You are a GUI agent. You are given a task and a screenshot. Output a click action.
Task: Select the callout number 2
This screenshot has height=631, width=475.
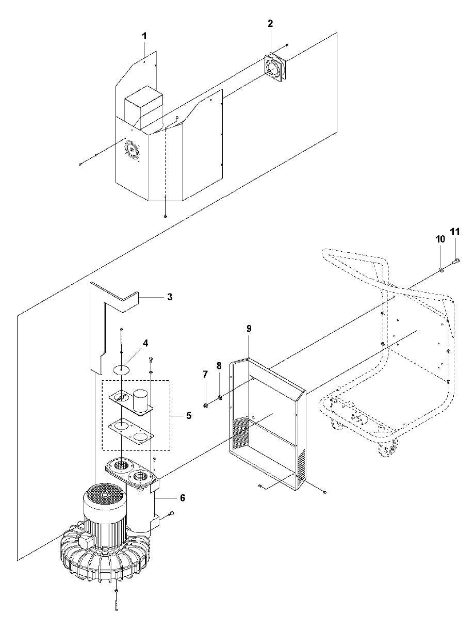[270, 24]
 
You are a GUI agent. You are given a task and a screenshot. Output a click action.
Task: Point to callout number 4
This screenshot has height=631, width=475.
[146, 343]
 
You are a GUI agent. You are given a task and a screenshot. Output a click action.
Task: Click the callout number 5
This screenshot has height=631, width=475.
[189, 415]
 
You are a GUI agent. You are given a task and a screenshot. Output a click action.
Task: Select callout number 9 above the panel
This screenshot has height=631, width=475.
[249, 328]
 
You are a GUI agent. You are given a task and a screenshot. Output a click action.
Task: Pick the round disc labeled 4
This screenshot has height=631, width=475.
[121, 369]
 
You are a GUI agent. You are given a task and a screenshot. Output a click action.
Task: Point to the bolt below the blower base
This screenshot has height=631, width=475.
[117, 599]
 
